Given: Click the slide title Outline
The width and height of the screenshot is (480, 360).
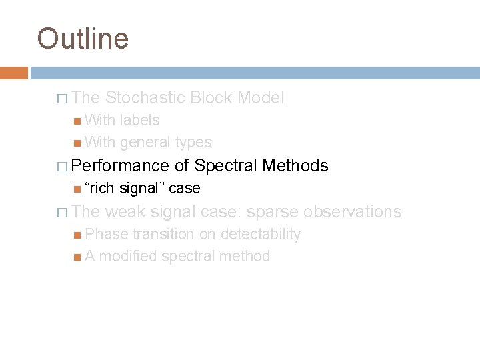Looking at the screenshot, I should pos(83,38).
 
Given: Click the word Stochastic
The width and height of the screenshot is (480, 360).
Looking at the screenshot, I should pos(146,98).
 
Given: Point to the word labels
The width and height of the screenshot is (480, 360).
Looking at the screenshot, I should pos(139,120).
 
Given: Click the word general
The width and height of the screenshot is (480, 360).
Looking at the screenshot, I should pos(145,142).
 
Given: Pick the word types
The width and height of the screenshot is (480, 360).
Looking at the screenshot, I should pos(193,142).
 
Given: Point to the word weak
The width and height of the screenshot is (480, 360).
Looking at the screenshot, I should pos(127,211).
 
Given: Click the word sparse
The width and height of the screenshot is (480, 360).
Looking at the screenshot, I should pos(273,211).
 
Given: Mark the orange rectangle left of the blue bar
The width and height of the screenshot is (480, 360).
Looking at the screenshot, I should pos(13,73).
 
